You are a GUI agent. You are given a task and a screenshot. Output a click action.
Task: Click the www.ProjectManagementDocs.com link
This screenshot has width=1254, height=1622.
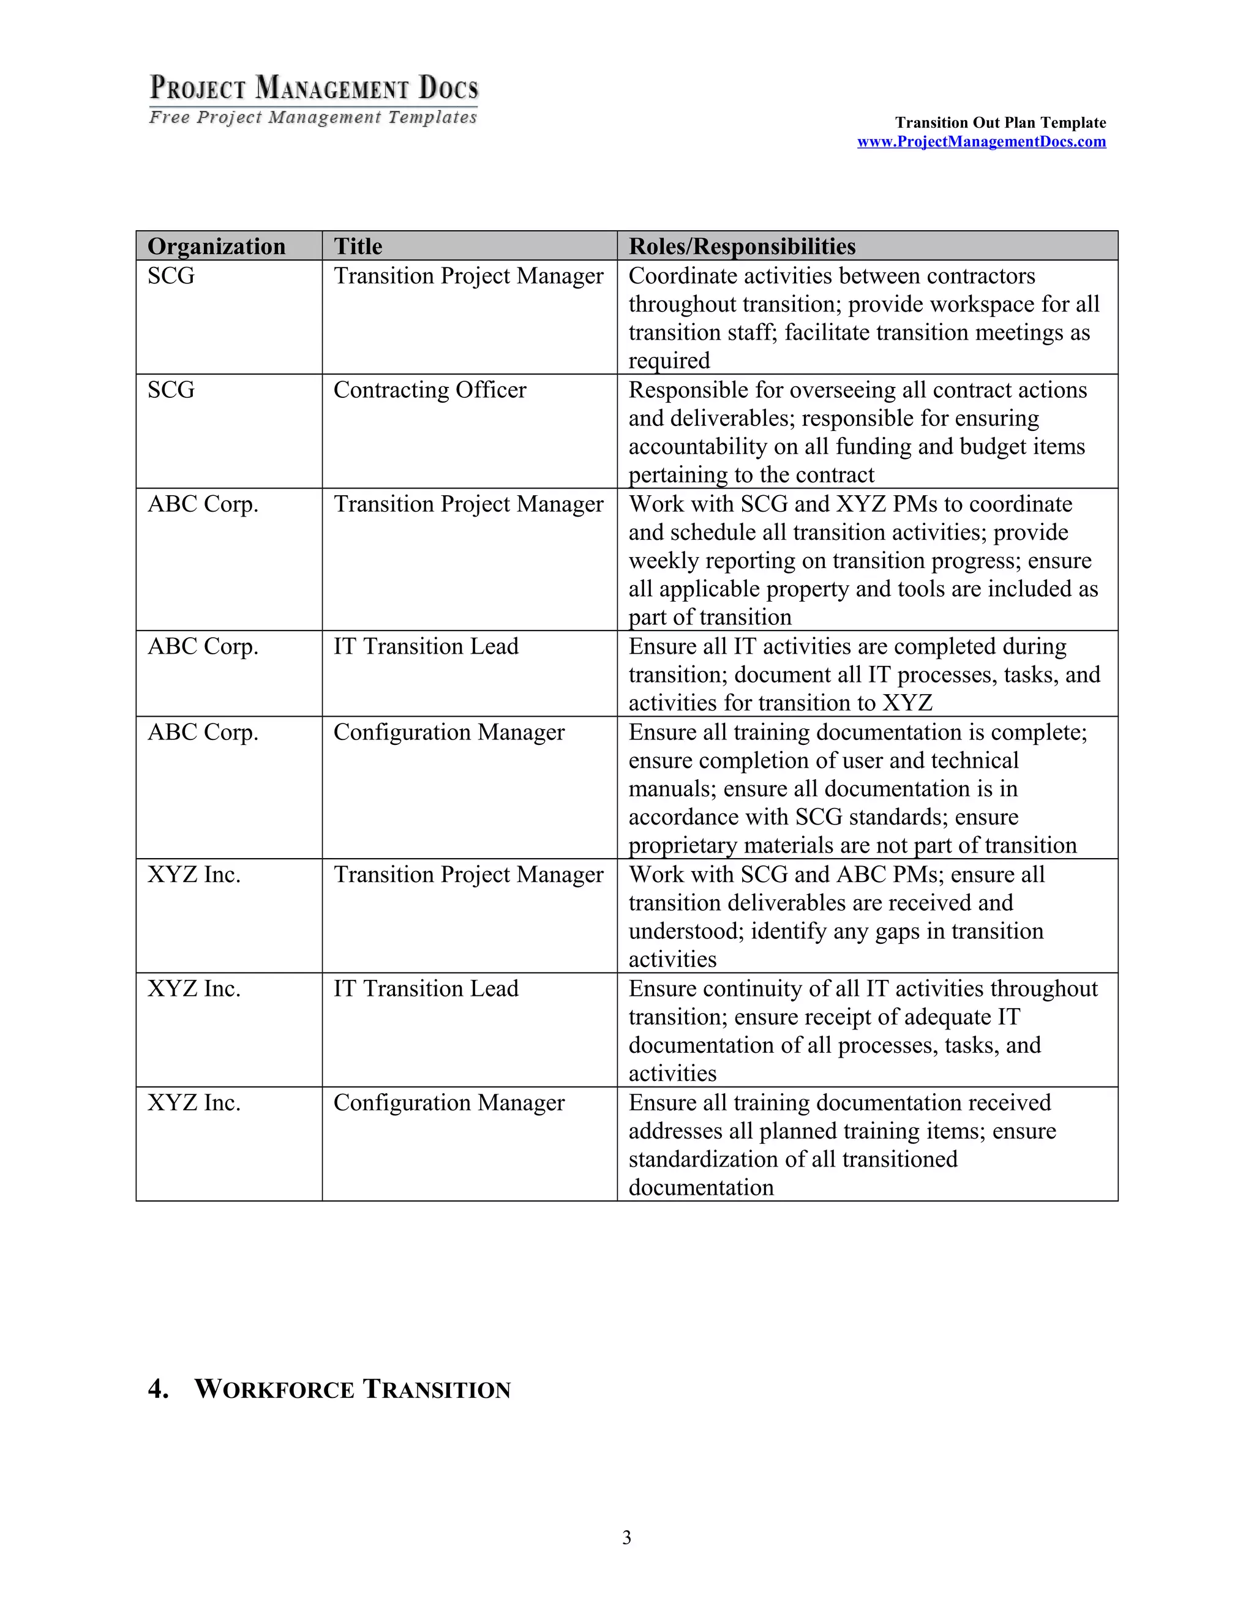[x=981, y=142]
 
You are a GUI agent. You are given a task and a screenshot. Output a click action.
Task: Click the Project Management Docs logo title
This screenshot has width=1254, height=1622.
[x=314, y=88]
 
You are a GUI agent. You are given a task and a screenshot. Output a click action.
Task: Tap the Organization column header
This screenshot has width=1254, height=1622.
[x=216, y=247]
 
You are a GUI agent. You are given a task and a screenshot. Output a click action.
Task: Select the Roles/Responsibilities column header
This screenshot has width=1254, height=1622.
[x=742, y=247]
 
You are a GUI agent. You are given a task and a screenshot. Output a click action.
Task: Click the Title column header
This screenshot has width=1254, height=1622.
[x=358, y=247]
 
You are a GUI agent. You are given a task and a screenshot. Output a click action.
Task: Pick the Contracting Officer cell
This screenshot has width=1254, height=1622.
[x=429, y=390]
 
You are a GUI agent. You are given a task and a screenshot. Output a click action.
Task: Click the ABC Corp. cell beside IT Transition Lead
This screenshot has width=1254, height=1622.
[x=203, y=646]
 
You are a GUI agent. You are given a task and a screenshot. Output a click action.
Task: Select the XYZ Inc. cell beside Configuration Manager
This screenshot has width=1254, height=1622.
[x=194, y=1103]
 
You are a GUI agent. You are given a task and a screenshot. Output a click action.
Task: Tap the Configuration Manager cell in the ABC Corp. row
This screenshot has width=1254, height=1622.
[x=449, y=732]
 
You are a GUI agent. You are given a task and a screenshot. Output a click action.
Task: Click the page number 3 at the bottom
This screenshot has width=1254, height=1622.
[x=626, y=1538]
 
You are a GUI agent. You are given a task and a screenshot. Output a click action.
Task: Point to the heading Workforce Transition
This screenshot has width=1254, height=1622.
[x=352, y=1389]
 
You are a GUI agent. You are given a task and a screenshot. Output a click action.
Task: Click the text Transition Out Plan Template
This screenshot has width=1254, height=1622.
[x=1000, y=122]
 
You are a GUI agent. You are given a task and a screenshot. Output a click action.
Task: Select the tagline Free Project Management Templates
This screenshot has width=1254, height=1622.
[x=313, y=118]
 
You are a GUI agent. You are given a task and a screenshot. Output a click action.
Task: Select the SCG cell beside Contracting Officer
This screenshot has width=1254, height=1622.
[x=171, y=390]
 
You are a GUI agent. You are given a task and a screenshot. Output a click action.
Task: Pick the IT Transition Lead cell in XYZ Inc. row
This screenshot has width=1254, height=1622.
[x=426, y=989]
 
